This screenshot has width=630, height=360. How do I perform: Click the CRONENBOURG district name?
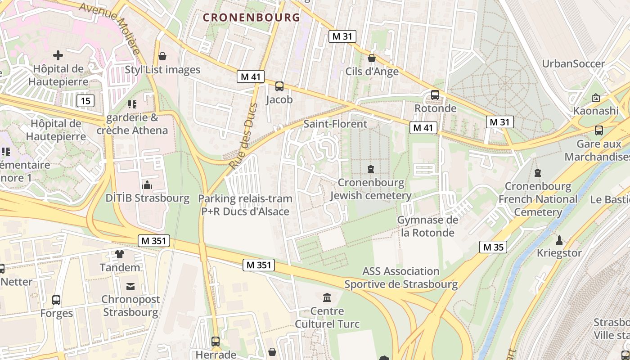(251, 18)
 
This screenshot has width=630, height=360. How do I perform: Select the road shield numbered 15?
(85, 100)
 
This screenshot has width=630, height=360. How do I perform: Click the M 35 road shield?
(493, 247)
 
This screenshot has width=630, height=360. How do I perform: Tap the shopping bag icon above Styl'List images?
(162, 56)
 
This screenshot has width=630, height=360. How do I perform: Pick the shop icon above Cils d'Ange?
(372, 58)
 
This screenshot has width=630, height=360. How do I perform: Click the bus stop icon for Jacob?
(279, 86)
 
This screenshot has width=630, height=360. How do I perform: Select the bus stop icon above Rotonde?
(435, 95)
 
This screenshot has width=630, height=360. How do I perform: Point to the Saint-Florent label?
(335, 124)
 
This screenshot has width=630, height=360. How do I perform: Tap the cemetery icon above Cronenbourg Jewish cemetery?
(371, 169)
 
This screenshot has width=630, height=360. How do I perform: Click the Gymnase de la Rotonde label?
(427, 226)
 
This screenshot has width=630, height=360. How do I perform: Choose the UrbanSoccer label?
(573, 63)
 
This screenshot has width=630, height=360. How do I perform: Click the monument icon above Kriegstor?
(559, 240)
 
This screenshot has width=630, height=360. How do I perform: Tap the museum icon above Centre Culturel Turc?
(327, 297)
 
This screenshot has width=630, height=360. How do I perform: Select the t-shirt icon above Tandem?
(120, 254)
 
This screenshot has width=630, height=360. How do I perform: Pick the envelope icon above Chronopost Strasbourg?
(130, 286)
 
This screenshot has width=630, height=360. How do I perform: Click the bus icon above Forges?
(56, 300)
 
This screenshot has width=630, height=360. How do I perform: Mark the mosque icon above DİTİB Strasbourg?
(147, 185)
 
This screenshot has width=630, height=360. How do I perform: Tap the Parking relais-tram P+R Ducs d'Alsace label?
(245, 205)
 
